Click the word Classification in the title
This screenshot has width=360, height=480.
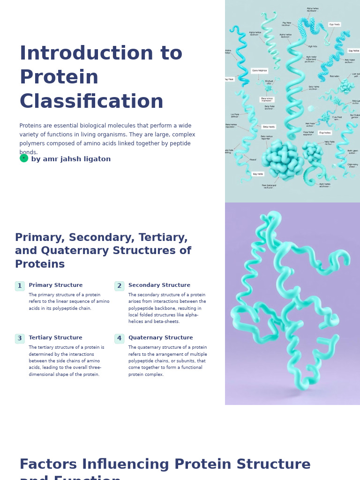point(91,102)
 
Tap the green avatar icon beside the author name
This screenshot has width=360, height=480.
point(24,158)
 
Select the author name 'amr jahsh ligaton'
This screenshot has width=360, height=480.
point(76,159)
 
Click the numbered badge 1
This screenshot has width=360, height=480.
point(20,286)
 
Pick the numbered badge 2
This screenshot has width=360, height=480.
point(120,286)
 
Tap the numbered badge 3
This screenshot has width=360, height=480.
point(20,338)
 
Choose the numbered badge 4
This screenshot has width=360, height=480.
point(120,338)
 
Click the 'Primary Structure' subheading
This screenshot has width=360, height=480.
point(56,285)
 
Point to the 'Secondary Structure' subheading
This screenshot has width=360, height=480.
point(159,285)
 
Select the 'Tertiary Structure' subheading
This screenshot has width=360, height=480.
point(55,338)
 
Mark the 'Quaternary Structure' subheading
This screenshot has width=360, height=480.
point(160,338)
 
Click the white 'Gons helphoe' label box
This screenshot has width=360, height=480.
point(259,71)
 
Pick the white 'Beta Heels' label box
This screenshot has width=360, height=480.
point(269,127)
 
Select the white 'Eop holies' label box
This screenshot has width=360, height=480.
point(325,133)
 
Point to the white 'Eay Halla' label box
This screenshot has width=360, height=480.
point(258,174)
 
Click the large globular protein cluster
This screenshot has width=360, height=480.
point(282,159)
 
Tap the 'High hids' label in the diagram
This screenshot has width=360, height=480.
point(313,46)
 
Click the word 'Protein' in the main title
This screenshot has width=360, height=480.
point(59,78)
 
